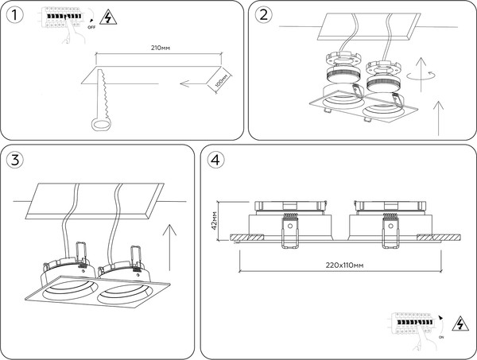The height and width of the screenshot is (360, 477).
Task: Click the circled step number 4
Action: (x=215, y=159)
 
